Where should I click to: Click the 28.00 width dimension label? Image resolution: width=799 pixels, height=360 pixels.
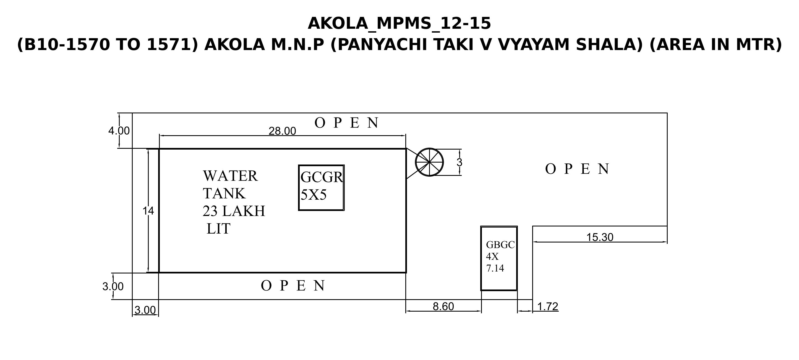point(282,131)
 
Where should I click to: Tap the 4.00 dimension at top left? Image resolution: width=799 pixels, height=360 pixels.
point(119,131)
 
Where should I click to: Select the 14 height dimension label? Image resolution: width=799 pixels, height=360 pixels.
point(148,211)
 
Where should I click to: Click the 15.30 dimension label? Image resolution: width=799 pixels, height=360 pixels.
point(600,237)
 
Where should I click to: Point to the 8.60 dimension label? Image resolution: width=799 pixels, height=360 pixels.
point(443,306)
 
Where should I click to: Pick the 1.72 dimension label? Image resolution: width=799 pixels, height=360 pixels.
point(547,306)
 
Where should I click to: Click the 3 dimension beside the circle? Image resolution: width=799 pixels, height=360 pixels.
point(459,163)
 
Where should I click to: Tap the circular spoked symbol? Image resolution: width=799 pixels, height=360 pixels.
point(429,162)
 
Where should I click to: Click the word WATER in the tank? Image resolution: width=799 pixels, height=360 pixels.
point(230,176)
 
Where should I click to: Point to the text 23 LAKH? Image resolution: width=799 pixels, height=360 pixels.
point(234,211)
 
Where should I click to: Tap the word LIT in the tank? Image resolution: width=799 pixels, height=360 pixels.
point(218,229)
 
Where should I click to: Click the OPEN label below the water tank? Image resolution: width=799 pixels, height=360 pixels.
point(293,286)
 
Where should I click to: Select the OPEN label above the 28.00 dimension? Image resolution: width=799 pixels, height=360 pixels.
point(346,123)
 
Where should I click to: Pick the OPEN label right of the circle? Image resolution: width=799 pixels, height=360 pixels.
point(577,169)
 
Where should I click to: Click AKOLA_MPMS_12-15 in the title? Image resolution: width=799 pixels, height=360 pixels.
point(399,23)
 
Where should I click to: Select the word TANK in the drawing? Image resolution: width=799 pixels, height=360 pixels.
point(224,194)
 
